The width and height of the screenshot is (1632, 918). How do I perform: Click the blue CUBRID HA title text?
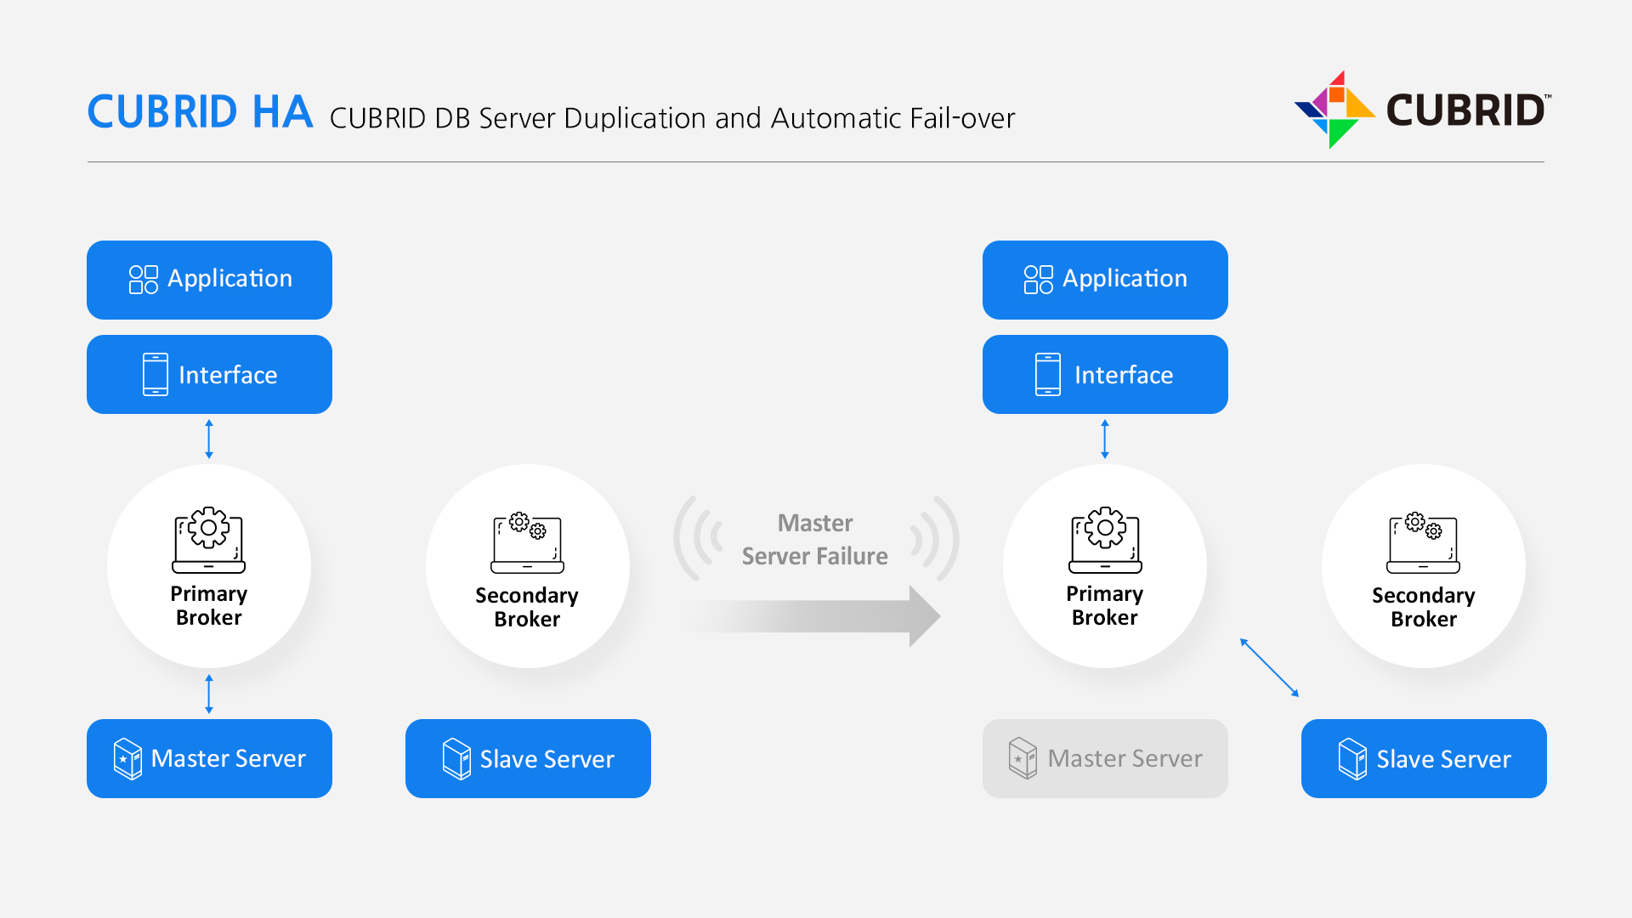click(200, 112)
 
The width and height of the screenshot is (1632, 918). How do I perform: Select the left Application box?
click(209, 280)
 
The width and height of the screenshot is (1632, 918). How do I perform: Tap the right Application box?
click(1105, 280)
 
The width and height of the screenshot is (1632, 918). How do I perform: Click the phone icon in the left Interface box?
click(156, 375)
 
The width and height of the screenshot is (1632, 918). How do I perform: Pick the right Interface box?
click(1105, 375)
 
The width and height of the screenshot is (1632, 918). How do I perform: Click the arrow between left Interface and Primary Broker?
click(209, 439)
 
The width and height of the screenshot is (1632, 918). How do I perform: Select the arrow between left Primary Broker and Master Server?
click(209, 694)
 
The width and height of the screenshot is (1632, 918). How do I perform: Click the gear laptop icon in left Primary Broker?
click(208, 541)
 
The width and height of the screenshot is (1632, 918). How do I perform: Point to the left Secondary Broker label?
click(527, 607)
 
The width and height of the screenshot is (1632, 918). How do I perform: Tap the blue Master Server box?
click(209, 758)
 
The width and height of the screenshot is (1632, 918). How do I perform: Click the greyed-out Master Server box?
click(1105, 758)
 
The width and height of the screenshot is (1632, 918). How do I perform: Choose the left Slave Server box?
click(528, 758)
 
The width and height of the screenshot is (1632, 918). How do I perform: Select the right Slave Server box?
click(1424, 758)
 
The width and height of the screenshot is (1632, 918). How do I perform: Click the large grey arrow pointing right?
click(816, 616)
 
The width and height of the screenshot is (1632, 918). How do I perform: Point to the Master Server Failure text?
click(815, 539)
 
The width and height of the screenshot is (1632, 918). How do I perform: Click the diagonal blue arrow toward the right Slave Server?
click(1269, 667)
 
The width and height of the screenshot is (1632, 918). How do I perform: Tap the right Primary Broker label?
click(1105, 605)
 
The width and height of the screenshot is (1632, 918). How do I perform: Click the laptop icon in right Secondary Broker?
click(1424, 542)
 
